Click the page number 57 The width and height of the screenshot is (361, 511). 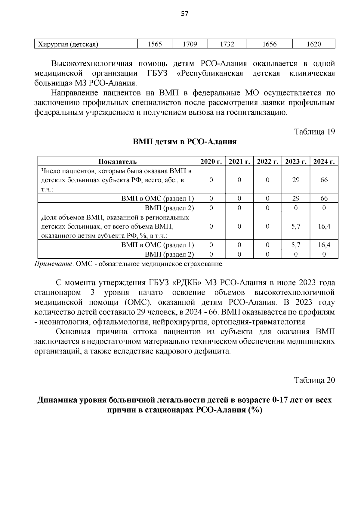pyautogui.click(x=185, y=14)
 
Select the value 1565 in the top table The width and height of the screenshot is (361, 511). pyautogui.click(x=155, y=44)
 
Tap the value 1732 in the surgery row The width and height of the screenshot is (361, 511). pyautogui.click(x=227, y=44)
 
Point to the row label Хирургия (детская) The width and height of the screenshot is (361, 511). pyautogui.click(x=68, y=45)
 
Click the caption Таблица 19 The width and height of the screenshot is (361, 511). pyautogui.click(x=314, y=132)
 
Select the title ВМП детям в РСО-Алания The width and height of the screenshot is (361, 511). pyautogui.click(x=185, y=142)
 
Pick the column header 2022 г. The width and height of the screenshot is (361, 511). pyautogui.click(x=267, y=162)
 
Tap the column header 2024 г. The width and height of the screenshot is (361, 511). pyautogui.click(x=324, y=162)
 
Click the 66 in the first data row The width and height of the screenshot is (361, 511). pyautogui.click(x=324, y=180)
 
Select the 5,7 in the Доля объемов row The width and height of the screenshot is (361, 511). pyautogui.click(x=296, y=226)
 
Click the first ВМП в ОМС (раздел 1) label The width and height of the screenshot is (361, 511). pyautogui.click(x=157, y=198)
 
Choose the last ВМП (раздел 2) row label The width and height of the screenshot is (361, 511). pyautogui.click(x=169, y=254)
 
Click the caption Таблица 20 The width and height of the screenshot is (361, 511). pyautogui.click(x=314, y=380)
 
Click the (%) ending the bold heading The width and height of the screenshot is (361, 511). pyautogui.click(x=255, y=410)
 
